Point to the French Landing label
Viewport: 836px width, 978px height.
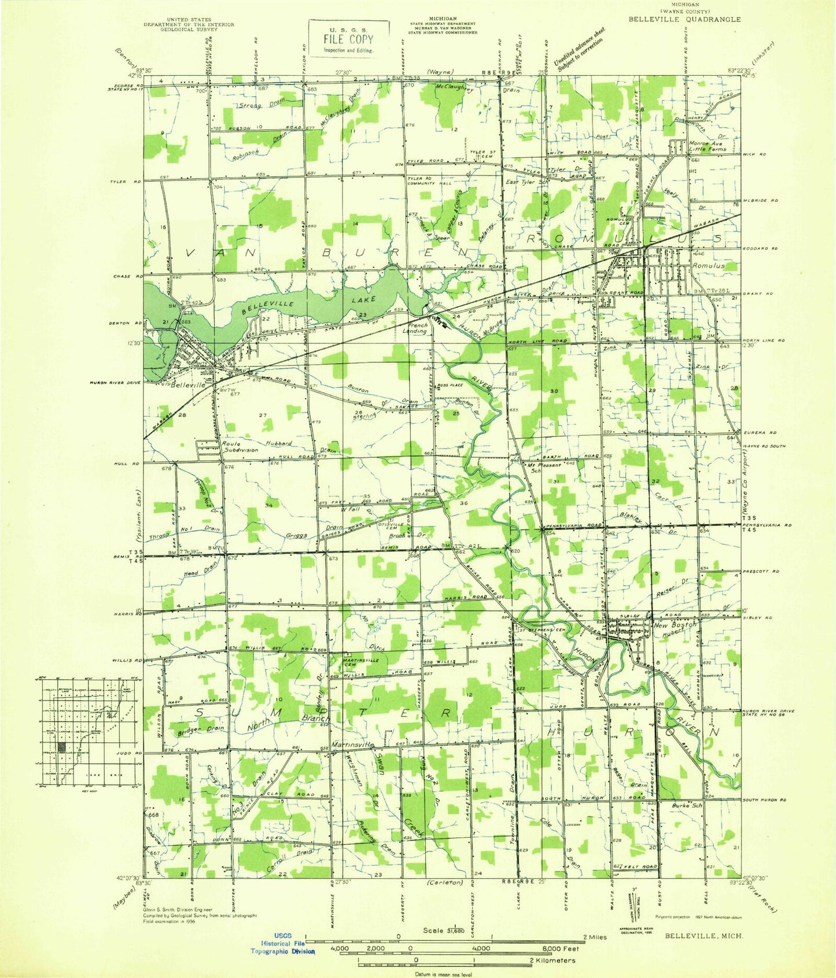(415, 328)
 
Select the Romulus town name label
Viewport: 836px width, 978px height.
(710, 266)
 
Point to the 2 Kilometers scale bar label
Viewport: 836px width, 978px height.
(554, 961)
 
